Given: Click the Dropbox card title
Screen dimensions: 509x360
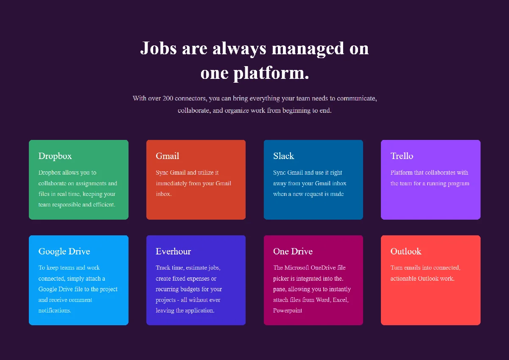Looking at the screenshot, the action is point(55,156).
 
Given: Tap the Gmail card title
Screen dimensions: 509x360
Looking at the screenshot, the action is point(168,156).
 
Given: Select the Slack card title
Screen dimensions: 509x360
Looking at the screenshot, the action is point(284,156).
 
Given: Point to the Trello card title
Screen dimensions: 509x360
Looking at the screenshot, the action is point(402,156).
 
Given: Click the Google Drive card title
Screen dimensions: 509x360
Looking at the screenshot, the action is point(64,251).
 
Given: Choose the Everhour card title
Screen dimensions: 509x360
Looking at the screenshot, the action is point(173,251).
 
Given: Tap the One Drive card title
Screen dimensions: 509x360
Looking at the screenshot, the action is point(293,251).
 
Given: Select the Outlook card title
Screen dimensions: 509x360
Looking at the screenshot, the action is point(406,251).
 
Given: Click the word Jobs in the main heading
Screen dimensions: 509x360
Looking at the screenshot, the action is point(158,48).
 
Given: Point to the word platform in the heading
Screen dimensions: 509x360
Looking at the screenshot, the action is point(271,73).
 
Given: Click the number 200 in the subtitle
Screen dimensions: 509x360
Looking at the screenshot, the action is point(168,98).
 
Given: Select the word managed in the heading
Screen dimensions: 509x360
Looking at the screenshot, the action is point(308,49).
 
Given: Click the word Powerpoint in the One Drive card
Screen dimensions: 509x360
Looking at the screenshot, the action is point(288,310).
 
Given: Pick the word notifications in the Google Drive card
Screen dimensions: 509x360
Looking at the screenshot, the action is point(55,310).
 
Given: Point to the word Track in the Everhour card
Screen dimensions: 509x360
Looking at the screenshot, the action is point(163,268).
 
